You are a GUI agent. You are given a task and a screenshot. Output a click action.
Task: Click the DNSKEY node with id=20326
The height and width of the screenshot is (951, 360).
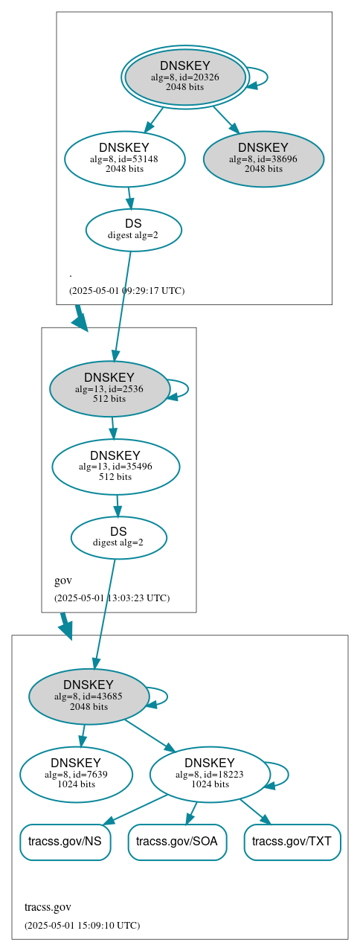185,77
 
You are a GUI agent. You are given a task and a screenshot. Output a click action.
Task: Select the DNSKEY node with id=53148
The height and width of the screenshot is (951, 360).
124,158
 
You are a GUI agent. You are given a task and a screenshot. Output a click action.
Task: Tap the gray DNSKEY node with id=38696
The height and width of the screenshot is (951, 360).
263,158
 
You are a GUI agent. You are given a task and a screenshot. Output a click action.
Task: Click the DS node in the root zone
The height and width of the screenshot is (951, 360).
133,229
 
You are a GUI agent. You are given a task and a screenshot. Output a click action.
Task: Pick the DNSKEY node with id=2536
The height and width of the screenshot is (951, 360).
109,388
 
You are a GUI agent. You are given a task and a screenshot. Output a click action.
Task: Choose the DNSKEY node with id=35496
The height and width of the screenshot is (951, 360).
115,467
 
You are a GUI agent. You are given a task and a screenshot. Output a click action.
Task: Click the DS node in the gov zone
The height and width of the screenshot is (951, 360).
118,537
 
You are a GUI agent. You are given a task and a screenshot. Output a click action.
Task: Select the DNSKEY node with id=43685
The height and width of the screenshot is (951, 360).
89,697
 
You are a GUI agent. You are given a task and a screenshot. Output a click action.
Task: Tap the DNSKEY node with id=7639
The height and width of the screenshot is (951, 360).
76,774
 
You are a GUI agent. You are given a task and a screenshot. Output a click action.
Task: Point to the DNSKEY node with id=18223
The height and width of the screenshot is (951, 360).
209,774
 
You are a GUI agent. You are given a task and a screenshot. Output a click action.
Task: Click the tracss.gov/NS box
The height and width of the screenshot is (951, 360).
65,842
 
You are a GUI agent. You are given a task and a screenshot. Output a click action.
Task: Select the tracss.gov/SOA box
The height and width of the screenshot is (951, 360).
177,842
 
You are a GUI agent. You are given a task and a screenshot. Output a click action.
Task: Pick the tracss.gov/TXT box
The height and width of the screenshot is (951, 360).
292,842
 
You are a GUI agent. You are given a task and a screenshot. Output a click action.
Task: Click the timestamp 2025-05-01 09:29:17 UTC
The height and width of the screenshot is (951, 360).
126,291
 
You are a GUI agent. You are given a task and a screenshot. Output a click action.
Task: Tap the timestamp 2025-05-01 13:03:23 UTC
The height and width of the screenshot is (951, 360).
112,598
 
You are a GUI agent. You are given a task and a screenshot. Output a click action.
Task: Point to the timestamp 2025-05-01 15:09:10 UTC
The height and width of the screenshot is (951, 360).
82,926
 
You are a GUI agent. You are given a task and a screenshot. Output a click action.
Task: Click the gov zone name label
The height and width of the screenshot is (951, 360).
63,580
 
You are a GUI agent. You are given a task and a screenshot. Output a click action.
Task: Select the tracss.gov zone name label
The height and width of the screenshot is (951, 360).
48,907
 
